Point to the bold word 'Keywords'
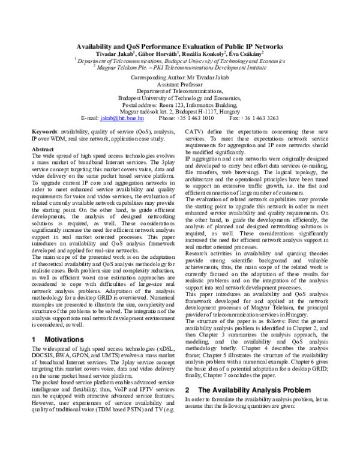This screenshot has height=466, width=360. (44, 130)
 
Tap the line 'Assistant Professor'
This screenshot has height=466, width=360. (181, 85)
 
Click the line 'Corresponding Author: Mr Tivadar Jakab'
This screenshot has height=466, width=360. (181, 79)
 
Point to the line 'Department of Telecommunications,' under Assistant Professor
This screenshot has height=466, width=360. (181, 92)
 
